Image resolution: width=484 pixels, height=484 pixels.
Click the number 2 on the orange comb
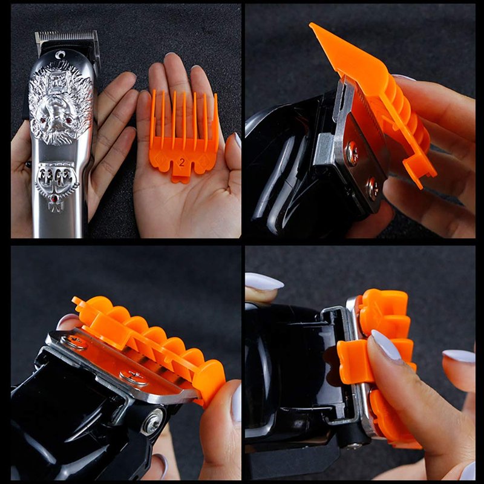pos(181,163)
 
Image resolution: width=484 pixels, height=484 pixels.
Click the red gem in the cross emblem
pos(55,198)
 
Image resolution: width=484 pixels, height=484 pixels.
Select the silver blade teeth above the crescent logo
pos(66,36)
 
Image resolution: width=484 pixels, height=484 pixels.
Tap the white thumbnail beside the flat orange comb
pos(238,140)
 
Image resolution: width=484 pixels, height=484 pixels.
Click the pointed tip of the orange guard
pos(311,25)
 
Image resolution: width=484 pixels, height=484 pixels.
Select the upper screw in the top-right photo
pos(353,153)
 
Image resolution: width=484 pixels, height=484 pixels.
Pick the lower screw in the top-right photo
pos(373,188)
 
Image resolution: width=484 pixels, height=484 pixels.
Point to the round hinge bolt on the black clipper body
pos(152,422)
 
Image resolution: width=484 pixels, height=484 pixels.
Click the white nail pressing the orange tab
pos(387,344)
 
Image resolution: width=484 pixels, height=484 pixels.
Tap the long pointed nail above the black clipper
pos(264,281)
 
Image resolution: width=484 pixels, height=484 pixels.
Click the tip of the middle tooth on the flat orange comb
pos(185,93)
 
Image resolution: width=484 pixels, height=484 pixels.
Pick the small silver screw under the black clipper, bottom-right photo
pos(354,445)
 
